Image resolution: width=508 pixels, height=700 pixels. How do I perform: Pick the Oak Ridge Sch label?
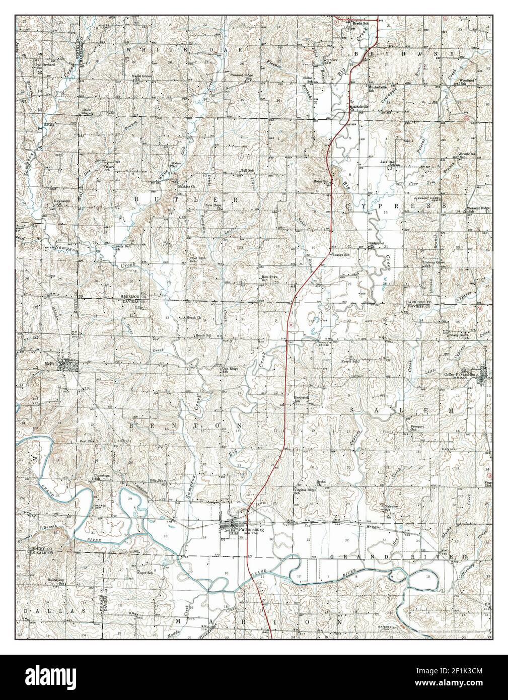click(230, 370)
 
